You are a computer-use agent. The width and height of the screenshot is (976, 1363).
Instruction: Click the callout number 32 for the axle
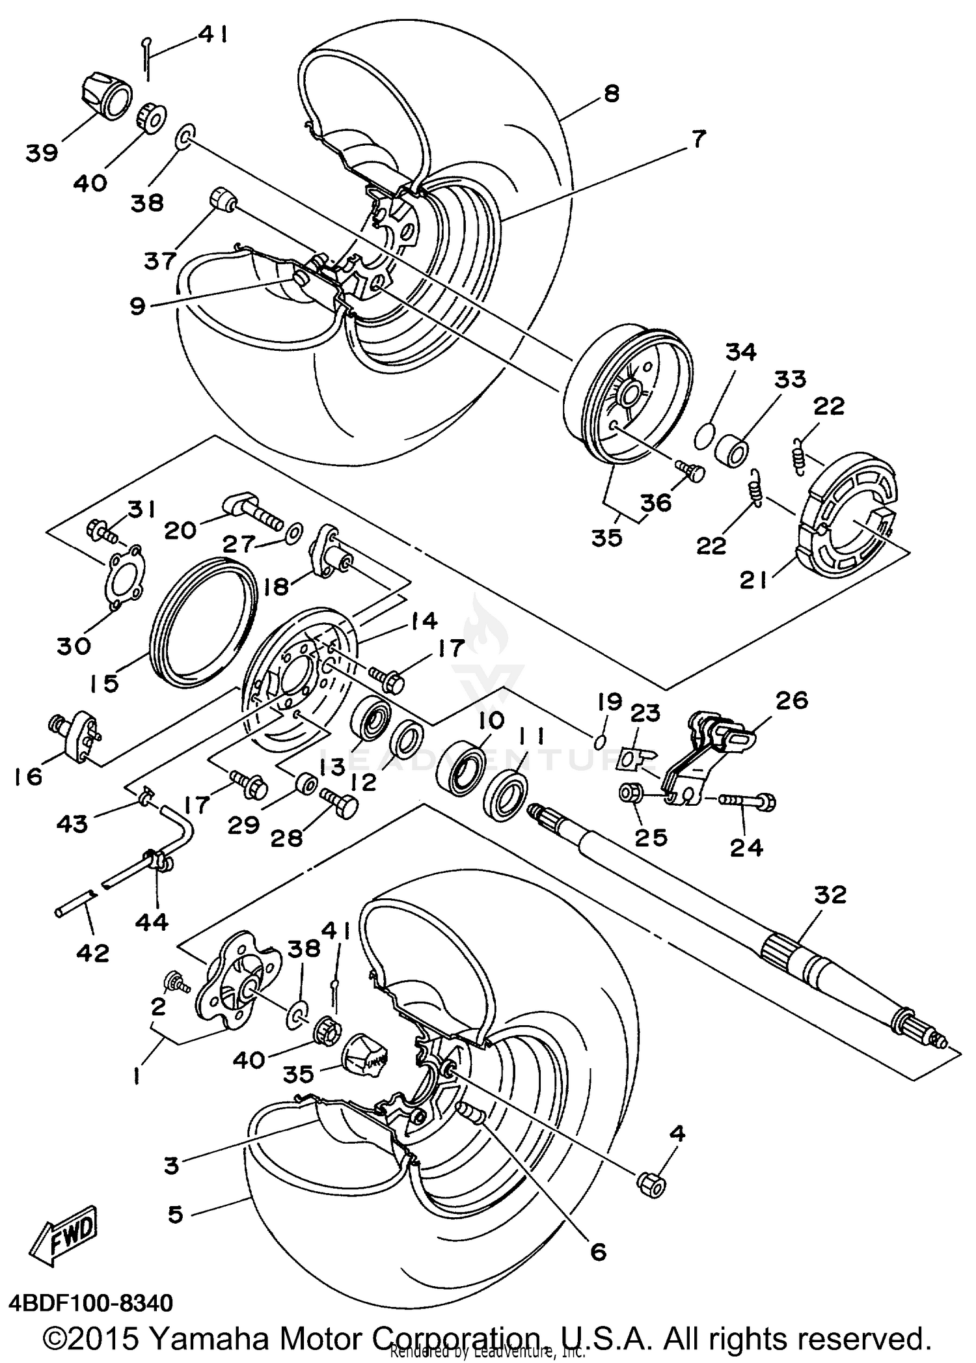(x=829, y=895)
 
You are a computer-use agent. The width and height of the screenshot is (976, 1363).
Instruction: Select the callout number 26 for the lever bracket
(x=791, y=701)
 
